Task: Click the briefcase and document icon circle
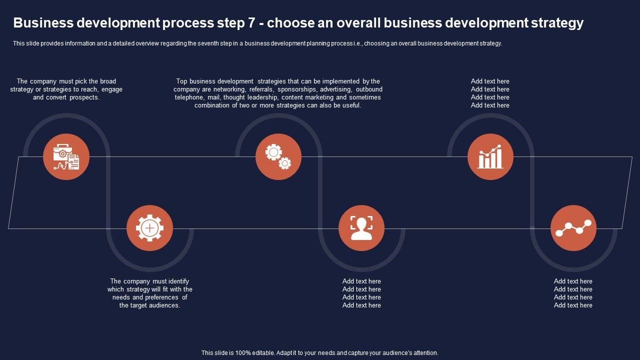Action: pos(66,156)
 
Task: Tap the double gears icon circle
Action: pos(278,156)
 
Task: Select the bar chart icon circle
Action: pos(490,156)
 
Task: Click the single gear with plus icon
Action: pos(149,228)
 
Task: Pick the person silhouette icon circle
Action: pos(361,228)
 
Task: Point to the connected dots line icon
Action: pos(573,228)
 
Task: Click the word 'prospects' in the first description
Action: pos(84,97)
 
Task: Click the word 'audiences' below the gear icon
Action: pos(163,305)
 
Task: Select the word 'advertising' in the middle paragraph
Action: pos(336,89)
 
